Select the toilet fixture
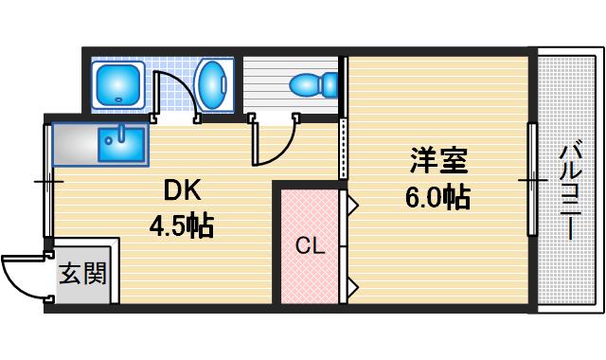coord(313,85)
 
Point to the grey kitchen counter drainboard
coord(75,146)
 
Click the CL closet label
coord(310,247)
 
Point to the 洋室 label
coord(438,161)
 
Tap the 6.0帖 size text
coord(437,199)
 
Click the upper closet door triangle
coord(350,202)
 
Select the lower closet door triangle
coord(350,284)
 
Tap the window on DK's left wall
coord(47,180)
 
